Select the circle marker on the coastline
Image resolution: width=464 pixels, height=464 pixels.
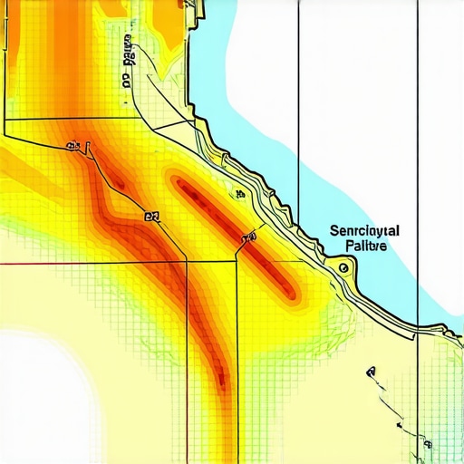[343, 268]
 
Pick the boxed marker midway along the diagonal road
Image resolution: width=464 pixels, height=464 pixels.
[151, 217]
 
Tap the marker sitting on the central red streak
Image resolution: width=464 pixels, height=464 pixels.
[248, 238]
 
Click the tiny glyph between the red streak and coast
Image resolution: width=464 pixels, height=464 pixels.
[238, 194]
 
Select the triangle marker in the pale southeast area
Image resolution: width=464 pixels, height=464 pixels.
[371, 372]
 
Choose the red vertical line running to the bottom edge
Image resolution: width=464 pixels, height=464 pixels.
[188, 381]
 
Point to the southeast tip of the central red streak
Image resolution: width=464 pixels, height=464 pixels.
[291, 294]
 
